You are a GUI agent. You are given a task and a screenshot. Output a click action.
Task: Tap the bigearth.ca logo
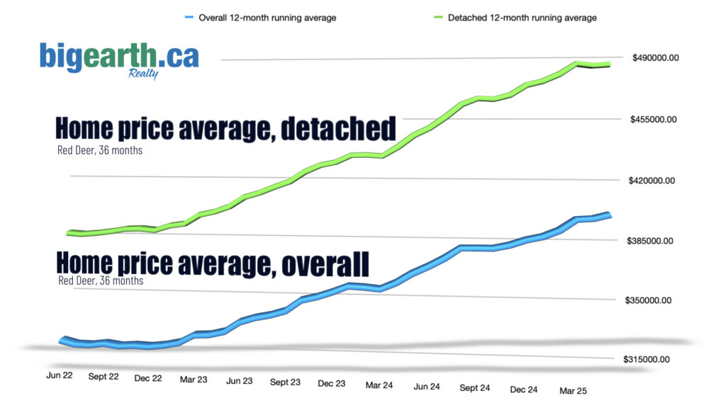tap(119, 56)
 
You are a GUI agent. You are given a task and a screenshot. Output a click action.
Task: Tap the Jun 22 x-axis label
tap(60, 375)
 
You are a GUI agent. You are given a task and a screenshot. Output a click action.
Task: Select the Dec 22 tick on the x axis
tap(148, 378)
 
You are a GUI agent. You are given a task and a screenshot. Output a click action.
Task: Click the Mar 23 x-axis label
tap(194, 380)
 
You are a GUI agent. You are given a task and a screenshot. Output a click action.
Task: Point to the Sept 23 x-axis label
tap(284, 382)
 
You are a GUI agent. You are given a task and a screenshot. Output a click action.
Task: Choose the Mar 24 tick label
tap(379, 385)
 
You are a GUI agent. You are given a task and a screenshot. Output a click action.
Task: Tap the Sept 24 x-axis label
tap(474, 387)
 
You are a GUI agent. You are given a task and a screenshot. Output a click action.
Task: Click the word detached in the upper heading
tap(337, 130)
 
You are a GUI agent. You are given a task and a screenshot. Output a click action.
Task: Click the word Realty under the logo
tap(143, 74)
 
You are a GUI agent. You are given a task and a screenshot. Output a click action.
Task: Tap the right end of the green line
tap(609, 64)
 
